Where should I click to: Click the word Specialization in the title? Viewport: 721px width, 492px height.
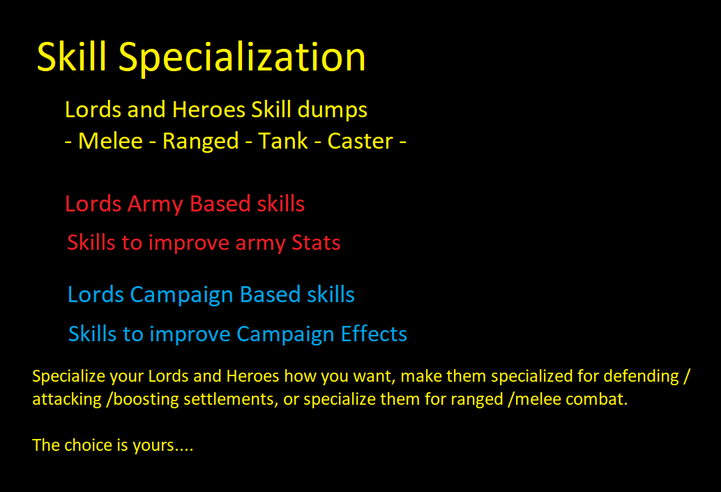pos(242,57)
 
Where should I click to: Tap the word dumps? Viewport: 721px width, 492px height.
pos(332,110)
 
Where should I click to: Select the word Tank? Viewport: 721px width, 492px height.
pos(283,141)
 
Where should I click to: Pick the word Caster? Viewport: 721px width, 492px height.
pos(360,141)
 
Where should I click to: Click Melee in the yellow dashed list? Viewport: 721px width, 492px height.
pos(110,141)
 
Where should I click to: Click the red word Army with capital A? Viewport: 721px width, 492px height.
pos(155,204)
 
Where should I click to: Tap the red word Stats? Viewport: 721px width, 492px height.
pos(316,243)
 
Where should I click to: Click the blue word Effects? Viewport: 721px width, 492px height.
pos(374,334)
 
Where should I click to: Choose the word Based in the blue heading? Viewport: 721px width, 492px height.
pos(270,295)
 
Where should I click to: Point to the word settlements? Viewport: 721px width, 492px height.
pos(230,399)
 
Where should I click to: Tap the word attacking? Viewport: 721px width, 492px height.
pos(67,400)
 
